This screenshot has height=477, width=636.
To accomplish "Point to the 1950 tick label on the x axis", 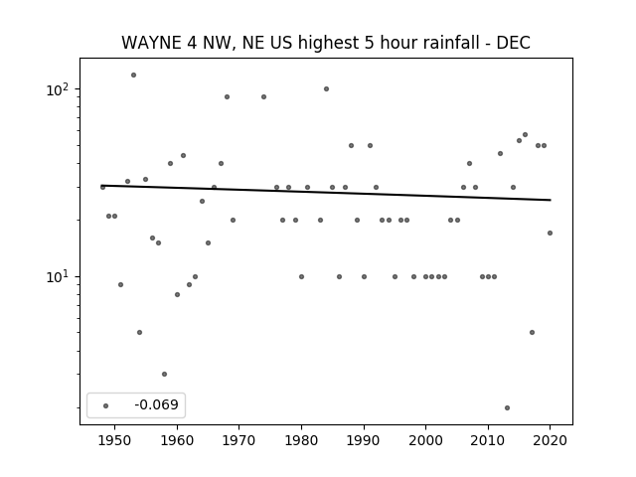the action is point(115,441).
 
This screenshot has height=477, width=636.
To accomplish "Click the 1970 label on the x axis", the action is point(238,441).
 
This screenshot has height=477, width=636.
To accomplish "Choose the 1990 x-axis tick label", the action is point(364,441).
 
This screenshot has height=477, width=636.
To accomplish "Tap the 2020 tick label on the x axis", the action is point(550,441).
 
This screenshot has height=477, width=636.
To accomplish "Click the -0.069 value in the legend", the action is point(156,404).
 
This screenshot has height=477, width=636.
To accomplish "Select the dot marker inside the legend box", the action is point(105,405).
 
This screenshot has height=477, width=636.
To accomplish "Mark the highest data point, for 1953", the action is point(133,76).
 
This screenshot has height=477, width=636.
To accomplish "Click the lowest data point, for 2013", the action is point(507,408).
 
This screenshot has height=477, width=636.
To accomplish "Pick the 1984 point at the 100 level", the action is point(326,88).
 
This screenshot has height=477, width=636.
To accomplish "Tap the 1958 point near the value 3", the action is point(164,374).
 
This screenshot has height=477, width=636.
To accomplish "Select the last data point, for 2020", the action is point(550,233).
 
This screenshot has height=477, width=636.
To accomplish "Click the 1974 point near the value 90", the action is point(263,97).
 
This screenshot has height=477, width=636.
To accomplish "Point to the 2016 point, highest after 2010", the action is point(525,135).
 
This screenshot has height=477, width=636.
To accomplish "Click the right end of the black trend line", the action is point(551,200).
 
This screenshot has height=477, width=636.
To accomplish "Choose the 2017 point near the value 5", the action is point(532,333).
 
